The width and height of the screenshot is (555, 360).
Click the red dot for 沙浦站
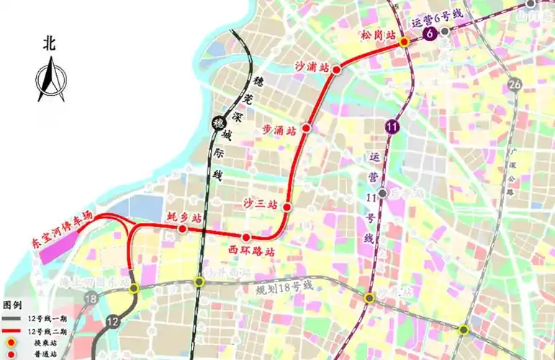pos(335,68)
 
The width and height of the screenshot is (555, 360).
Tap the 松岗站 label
pos(379,33)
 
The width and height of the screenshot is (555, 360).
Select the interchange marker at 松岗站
pos(405,43)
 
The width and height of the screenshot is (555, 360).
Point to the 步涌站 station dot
pos(306,128)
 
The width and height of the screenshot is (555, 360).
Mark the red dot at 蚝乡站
pos(183,229)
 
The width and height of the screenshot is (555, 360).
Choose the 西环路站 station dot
pos(246,238)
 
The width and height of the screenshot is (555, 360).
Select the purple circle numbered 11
pos(392,127)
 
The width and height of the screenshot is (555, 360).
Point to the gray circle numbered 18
pos(91,299)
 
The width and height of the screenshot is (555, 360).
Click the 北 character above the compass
pos(49,43)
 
